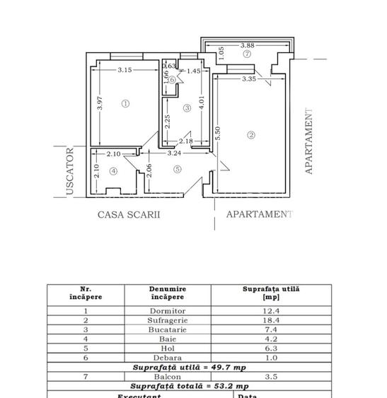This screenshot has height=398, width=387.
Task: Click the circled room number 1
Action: [125, 103]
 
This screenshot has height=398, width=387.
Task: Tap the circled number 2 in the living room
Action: [250, 135]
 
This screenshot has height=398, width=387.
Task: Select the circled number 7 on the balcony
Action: [246, 54]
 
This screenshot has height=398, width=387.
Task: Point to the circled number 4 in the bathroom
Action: [113, 170]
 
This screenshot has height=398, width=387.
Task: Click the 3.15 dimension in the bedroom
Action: [125, 70]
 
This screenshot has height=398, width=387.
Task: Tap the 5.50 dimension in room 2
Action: [219, 134]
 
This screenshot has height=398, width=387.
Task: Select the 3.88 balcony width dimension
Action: [246, 45]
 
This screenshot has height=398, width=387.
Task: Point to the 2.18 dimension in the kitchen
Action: [185, 141]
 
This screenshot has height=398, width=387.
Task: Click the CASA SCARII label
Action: [129, 214]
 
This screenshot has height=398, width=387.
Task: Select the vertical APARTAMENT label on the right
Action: [308, 141]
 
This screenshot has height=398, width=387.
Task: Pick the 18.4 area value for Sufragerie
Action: [271, 320]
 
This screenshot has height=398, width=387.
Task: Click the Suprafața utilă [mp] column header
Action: [271, 293]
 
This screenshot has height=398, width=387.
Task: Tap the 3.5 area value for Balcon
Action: [271, 377]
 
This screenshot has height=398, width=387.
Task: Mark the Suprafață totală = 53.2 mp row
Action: [189, 386]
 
